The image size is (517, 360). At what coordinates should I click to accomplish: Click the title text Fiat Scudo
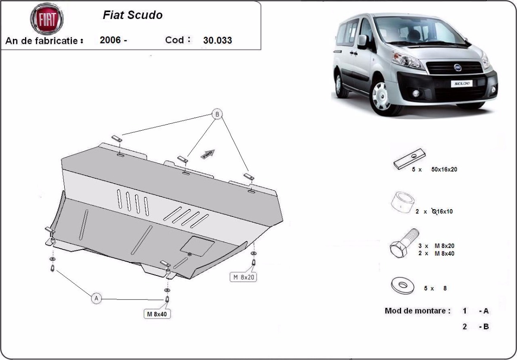pyautogui.click(x=133, y=15)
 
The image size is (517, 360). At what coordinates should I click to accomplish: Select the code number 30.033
pyautogui.click(x=217, y=41)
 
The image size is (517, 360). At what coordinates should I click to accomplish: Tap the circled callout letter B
pyautogui.click(x=217, y=114)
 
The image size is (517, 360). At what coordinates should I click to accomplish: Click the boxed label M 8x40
pyautogui.click(x=156, y=314)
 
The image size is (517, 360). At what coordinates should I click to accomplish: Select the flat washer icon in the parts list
pyautogui.click(x=402, y=285)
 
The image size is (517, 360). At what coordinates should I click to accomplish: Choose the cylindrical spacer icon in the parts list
pyautogui.click(x=403, y=202)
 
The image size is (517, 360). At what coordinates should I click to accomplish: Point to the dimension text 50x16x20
pyautogui.click(x=444, y=169)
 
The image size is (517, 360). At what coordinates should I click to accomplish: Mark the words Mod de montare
pyautogui.click(x=417, y=310)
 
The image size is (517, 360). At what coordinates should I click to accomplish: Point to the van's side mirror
pyautogui.click(x=362, y=41)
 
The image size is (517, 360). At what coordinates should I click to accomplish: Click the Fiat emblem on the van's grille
pyautogui.click(x=458, y=67)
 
